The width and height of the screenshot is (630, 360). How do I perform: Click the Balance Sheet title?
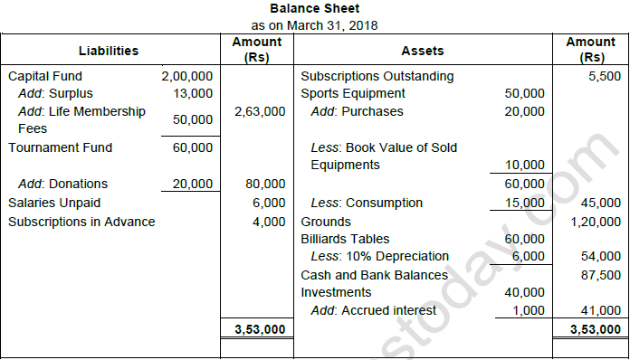314,8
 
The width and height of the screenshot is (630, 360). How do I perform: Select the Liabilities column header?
109,51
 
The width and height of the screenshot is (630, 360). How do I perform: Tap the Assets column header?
422,51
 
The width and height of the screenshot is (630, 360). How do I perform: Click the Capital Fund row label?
44,77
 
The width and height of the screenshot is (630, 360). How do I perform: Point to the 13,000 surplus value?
193,93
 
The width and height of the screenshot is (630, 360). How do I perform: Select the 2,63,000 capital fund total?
260,111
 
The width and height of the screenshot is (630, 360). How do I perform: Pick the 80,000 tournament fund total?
266,184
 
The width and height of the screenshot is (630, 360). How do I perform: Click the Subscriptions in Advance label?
81,222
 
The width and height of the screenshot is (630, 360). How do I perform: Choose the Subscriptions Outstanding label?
377,77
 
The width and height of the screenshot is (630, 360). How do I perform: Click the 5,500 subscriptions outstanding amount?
604,77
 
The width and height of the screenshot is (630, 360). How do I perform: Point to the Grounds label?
325,222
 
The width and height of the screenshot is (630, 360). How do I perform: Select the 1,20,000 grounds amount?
597,222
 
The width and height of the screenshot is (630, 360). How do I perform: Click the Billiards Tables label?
345,240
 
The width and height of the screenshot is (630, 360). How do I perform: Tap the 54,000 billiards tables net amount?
600,257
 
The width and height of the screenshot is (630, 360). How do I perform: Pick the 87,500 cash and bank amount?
600,275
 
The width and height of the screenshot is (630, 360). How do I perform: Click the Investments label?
336,292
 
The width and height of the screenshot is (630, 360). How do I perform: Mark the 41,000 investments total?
600,310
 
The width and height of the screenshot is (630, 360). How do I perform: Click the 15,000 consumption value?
524,203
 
